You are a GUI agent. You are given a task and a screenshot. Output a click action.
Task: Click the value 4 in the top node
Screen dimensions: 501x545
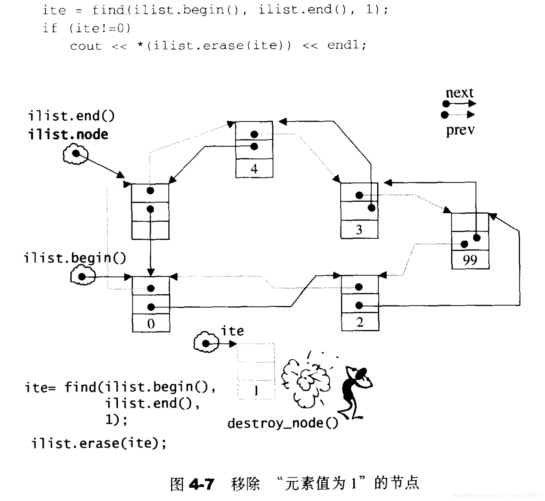coord(254,169)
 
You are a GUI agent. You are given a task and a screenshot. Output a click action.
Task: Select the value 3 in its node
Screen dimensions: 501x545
coord(359,229)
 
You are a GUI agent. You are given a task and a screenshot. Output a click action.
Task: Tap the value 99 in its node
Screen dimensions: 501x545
coord(470,260)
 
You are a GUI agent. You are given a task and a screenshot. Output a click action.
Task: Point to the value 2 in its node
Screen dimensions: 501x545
coord(360,322)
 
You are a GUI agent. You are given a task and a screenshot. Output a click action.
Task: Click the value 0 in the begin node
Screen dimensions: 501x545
coord(151,324)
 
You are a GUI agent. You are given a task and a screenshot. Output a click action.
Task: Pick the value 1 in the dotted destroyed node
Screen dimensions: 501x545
coord(256,391)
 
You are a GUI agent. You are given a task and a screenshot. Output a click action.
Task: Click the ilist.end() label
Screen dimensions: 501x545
coord(71,116)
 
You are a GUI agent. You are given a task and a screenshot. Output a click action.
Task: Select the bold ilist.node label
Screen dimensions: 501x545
coord(68,134)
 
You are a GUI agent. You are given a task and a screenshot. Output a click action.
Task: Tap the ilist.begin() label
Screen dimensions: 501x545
coord(75,258)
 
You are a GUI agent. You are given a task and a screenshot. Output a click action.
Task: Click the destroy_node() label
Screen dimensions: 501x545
coord(283,423)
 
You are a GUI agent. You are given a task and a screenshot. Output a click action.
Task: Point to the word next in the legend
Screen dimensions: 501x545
coord(459,93)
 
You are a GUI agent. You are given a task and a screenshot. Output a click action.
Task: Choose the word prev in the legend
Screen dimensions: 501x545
coord(460,130)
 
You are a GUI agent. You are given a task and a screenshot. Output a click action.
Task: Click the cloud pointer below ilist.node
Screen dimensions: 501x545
coord(76,154)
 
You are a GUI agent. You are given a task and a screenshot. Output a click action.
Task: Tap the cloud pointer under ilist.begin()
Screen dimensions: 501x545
coord(83,276)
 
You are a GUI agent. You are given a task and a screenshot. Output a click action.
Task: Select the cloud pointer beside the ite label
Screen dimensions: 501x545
coord(206,343)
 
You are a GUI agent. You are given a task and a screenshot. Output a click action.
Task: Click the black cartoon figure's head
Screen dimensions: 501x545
coord(361,373)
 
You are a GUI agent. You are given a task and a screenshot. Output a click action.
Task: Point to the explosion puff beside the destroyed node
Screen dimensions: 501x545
coord(306,381)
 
